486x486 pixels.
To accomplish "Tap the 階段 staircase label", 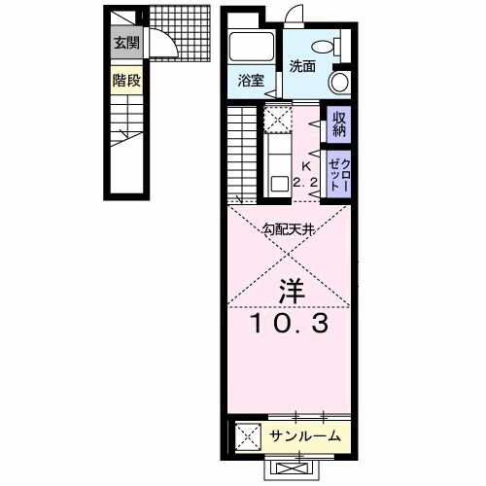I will tap(125, 80).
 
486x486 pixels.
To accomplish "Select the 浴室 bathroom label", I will tap(252, 82).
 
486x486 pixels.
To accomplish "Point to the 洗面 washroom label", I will tap(302, 67).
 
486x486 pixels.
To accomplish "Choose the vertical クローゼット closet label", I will tap(338, 172).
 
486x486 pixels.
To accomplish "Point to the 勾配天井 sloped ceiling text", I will tap(290, 230).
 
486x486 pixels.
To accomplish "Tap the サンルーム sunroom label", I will tap(305, 436).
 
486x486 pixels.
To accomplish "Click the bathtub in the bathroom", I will tap(252, 49).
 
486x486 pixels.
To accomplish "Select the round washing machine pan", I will tap(338, 82).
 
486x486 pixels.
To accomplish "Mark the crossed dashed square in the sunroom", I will tap(248, 436).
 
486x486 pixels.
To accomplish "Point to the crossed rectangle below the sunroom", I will tap(291, 469).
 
